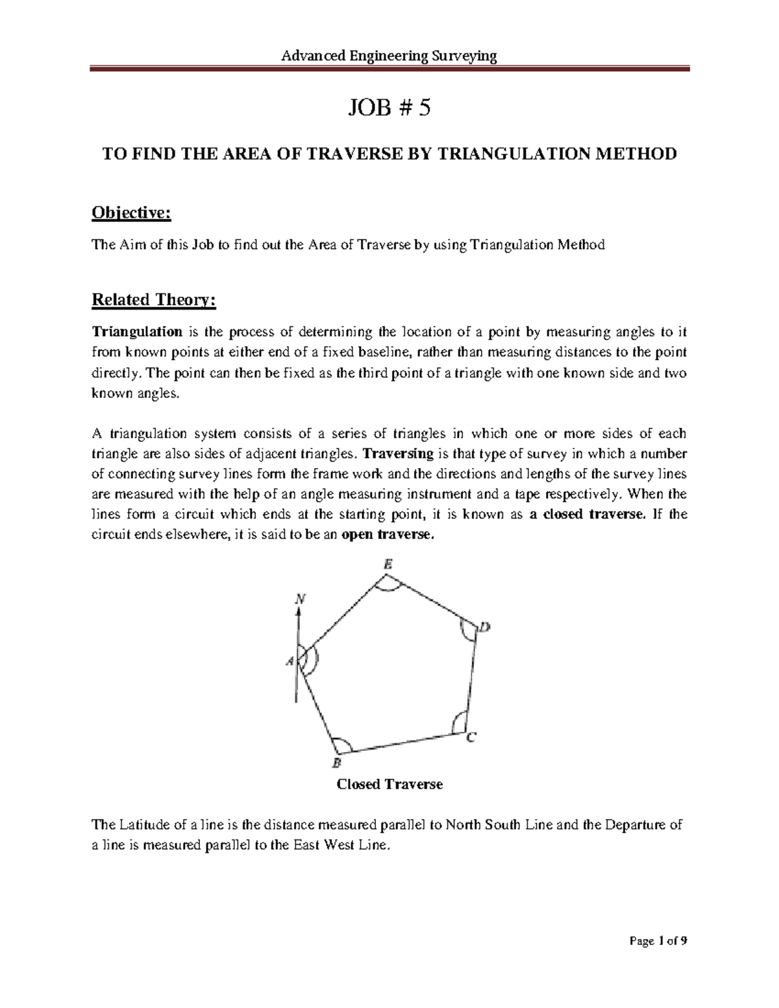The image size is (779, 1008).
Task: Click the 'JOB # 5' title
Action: [x=389, y=109]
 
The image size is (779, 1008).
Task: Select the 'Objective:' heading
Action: [x=132, y=213]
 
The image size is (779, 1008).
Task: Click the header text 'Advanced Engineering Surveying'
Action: [x=389, y=56]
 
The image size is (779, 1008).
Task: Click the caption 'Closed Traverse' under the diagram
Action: [x=389, y=784]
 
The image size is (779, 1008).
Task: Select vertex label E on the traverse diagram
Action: [x=388, y=565]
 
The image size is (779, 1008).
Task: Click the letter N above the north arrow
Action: [x=299, y=600]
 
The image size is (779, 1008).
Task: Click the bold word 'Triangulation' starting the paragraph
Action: [x=137, y=332]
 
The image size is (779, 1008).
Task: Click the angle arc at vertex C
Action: [x=458, y=722]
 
